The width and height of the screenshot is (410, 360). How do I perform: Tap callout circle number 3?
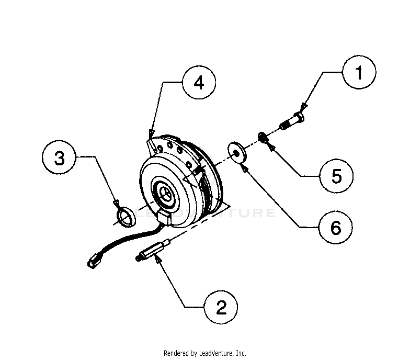click(60, 156)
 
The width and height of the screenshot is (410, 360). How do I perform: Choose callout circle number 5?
click(336, 176)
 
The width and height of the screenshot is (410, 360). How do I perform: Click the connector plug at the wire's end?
click(95, 261)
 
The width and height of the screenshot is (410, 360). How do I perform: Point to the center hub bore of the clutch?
click(165, 193)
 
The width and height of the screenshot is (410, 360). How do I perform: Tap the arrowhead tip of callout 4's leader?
click(152, 131)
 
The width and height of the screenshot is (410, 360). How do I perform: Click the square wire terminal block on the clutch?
click(165, 218)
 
